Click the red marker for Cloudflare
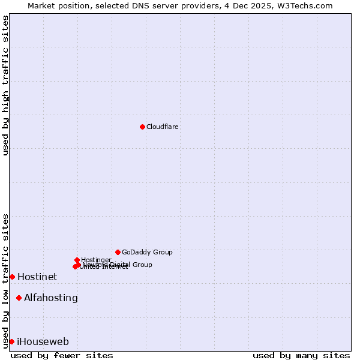[142, 127]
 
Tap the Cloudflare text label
[163, 127]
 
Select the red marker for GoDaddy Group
[118, 252]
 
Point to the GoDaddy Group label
[147, 253]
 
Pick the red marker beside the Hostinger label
[77, 260]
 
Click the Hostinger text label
[96, 260]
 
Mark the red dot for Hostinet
[12, 277]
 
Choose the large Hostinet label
[37, 277]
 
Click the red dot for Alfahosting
[19, 298]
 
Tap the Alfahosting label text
[51, 298]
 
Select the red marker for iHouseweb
[11, 341]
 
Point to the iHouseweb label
[43, 342]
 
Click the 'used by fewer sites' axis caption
[62, 356]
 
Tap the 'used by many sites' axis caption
[301, 356]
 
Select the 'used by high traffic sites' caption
[5, 85]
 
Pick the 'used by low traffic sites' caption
[5, 280]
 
